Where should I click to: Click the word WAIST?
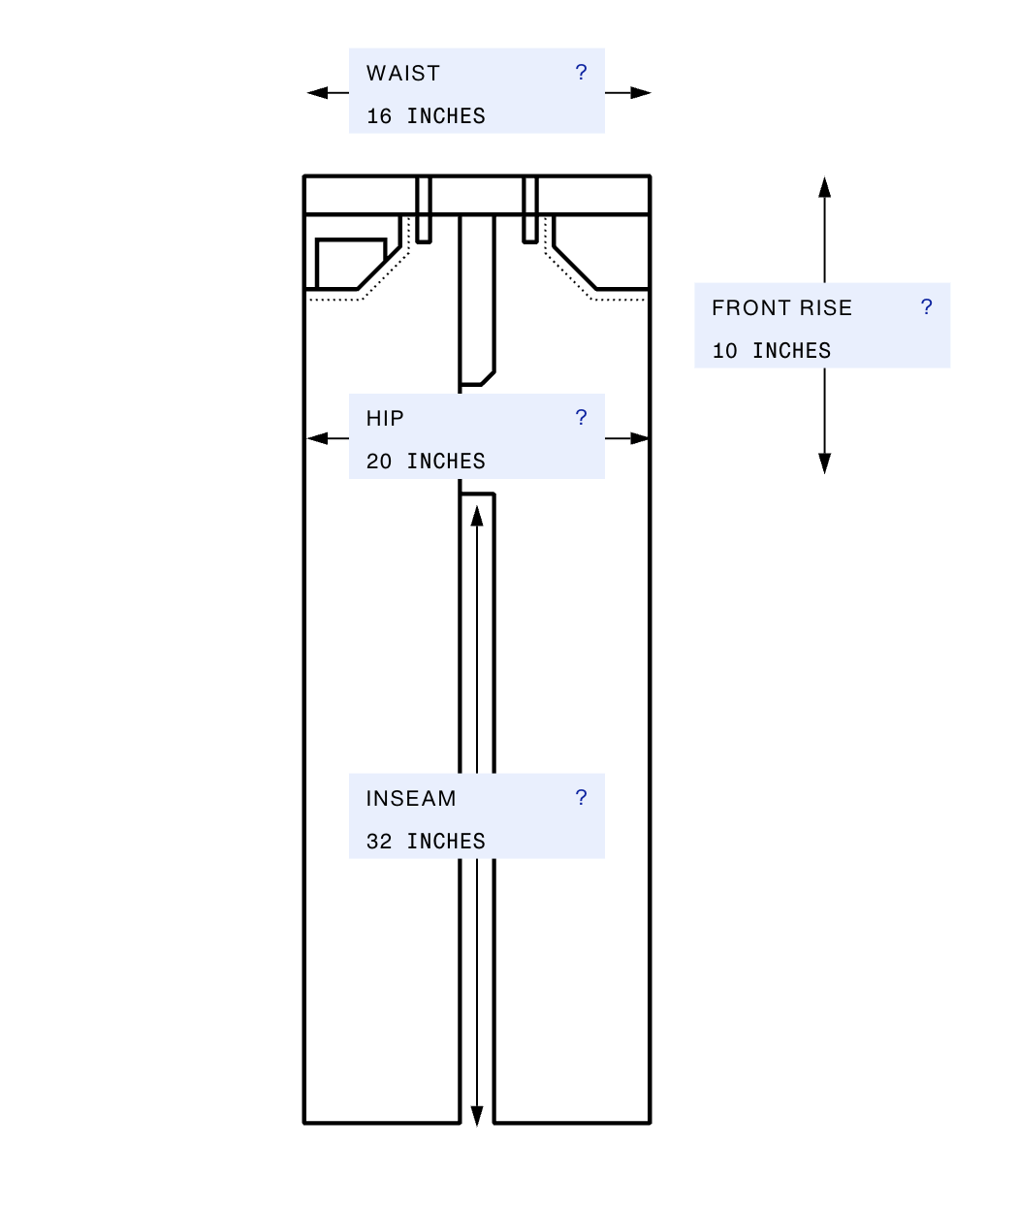tap(402, 73)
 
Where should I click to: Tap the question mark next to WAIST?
tap(581, 72)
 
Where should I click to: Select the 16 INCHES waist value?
tap(426, 116)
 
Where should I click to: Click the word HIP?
tap(385, 419)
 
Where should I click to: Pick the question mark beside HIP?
tap(581, 417)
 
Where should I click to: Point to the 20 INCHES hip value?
tap(426, 462)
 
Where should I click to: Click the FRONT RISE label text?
tap(781, 307)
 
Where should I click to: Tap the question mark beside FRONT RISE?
tap(926, 306)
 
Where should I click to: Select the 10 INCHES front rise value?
tap(772, 351)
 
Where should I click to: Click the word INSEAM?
tap(411, 798)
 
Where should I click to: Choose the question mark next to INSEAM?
tap(581, 798)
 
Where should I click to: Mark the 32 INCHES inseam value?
tap(426, 841)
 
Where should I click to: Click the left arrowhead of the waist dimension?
tap(317, 93)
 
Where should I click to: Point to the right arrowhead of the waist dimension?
tap(641, 93)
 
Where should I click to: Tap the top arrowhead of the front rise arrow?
tap(825, 187)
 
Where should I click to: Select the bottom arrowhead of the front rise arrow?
tap(825, 463)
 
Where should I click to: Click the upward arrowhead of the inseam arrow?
tap(477, 516)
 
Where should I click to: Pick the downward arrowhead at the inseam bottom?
tap(477, 1116)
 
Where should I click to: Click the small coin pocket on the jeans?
tap(351, 264)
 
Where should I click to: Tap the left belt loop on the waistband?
tap(424, 209)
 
